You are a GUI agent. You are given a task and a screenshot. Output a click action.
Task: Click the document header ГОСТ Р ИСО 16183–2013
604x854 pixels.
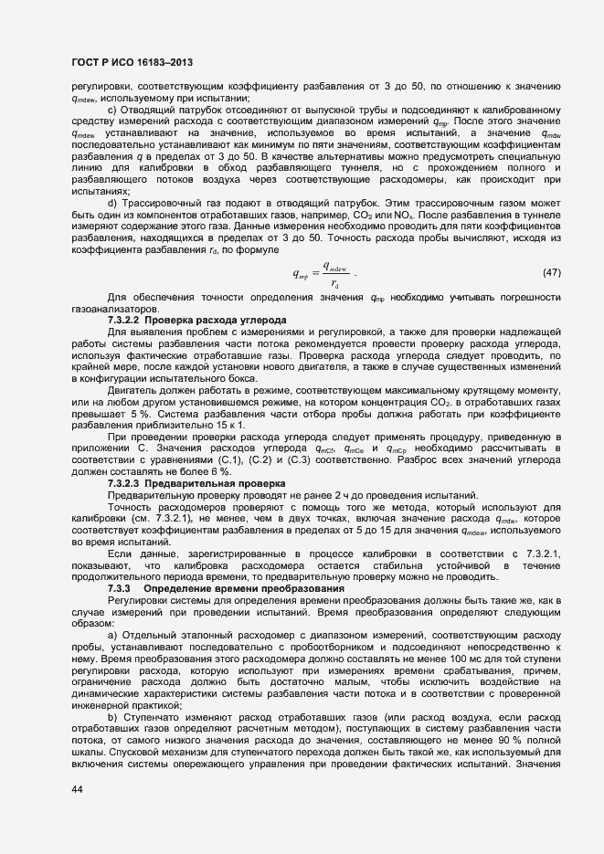(x=131, y=61)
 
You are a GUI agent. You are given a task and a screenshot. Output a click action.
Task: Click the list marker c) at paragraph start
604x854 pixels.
(x=111, y=111)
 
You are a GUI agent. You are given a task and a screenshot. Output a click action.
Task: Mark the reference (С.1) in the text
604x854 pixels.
(x=210, y=459)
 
